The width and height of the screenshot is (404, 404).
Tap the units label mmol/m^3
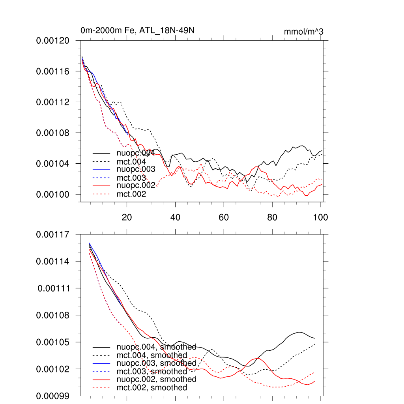(303, 32)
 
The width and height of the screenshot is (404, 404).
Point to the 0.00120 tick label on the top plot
(53, 41)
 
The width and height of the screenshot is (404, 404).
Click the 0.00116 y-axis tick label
(53, 71)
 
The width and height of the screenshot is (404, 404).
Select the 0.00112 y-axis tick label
(53, 102)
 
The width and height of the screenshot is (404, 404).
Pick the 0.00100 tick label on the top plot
(53, 195)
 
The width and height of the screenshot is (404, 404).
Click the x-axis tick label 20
(127, 217)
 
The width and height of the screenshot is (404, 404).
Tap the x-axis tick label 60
(224, 217)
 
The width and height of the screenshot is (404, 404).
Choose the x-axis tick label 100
(320, 217)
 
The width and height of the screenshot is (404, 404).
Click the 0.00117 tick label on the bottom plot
(53, 235)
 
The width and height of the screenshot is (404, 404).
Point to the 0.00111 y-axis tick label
(54, 288)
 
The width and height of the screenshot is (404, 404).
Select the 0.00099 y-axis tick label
(53, 396)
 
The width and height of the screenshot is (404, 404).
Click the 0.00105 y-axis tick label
(53, 342)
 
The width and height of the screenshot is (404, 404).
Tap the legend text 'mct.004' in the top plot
(131, 162)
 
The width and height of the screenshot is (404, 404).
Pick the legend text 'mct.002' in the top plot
(131, 194)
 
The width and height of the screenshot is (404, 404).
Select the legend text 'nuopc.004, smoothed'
(157, 347)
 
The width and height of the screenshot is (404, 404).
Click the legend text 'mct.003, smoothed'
(152, 371)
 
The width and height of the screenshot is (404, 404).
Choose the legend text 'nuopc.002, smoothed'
(157, 379)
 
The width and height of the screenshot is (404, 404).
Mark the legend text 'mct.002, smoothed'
(152, 388)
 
